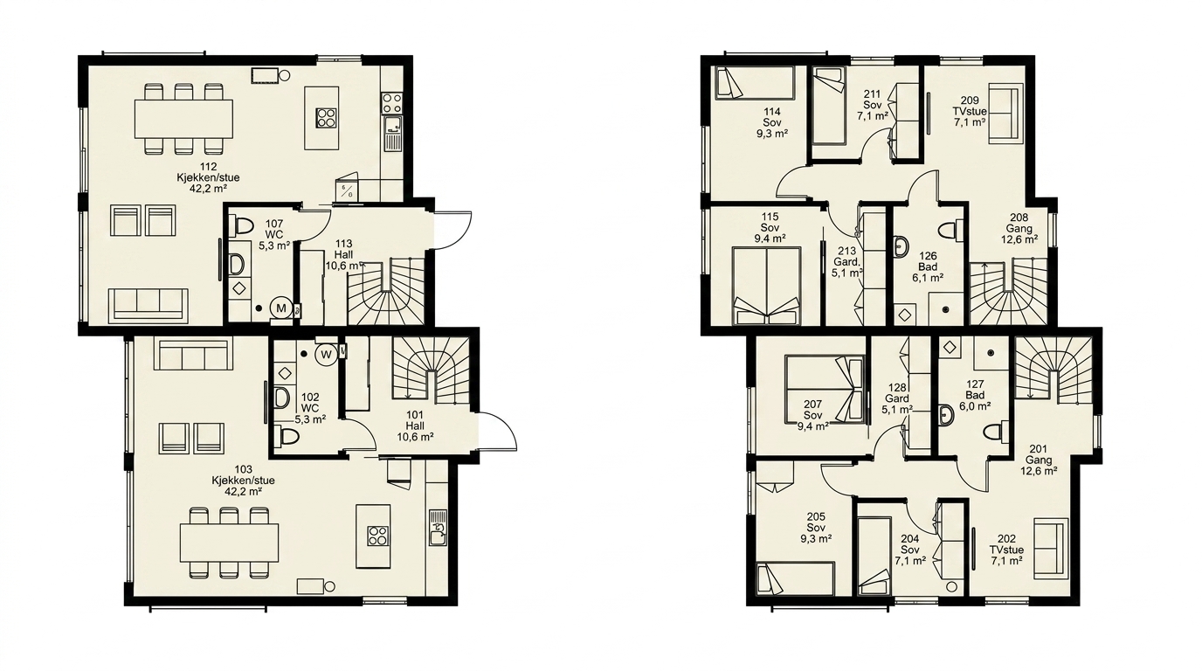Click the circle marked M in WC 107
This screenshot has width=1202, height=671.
[x=280, y=308]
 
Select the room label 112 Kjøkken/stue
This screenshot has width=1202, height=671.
[x=208, y=177]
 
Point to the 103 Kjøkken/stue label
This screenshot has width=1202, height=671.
[x=243, y=481]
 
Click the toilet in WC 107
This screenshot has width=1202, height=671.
[x=240, y=226]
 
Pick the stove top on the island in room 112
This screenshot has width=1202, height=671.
[x=326, y=118]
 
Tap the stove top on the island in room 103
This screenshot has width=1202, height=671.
[x=378, y=536]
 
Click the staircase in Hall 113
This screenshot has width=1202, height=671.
[x=386, y=292]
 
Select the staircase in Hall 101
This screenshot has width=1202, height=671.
[x=431, y=371]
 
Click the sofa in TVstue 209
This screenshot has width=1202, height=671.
[x=1003, y=116]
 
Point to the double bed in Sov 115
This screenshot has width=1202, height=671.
[x=767, y=286]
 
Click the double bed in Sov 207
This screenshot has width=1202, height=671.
[x=824, y=389]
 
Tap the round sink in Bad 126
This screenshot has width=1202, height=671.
[x=901, y=247]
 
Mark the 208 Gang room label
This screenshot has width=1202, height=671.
[x=1019, y=228]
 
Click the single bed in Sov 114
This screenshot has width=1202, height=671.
[x=755, y=83]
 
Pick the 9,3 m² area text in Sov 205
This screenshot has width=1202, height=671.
[x=816, y=538]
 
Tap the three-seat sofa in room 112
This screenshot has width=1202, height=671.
[x=149, y=306]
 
